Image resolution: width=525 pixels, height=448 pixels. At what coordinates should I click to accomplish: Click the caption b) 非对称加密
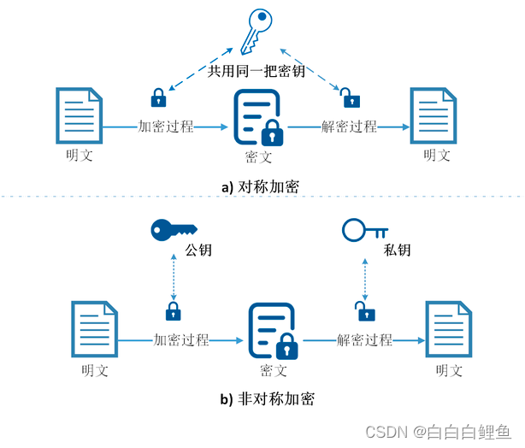(262, 398)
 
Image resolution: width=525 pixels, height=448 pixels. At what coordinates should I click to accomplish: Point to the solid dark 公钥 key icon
(172, 229)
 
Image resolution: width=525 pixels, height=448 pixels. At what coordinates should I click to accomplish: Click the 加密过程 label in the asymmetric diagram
(181, 339)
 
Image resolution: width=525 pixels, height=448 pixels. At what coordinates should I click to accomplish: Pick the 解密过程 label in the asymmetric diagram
(364, 339)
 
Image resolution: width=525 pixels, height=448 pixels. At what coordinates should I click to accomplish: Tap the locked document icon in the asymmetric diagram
(272, 332)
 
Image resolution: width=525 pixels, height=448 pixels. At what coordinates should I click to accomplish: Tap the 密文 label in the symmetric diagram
(258, 158)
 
